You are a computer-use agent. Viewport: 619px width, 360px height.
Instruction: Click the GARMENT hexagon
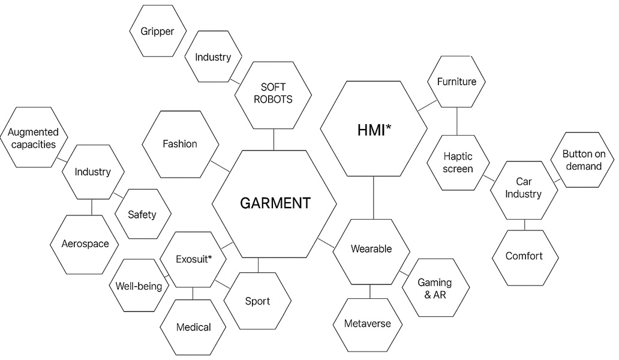(275, 203)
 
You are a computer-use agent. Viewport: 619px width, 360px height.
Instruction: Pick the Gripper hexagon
(158, 31)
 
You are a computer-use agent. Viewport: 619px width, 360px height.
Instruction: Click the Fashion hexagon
(179, 144)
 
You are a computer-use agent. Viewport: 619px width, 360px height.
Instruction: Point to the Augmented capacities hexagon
(33, 137)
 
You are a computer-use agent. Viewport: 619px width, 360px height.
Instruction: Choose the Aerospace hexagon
(85, 244)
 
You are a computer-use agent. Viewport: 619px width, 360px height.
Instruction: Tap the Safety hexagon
(142, 214)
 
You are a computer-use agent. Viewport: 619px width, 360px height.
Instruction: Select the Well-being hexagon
(139, 286)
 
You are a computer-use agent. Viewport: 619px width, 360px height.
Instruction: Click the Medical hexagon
(193, 327)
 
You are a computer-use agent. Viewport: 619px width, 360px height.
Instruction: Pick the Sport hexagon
(257, 301)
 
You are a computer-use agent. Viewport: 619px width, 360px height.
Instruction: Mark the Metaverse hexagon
(367, 323)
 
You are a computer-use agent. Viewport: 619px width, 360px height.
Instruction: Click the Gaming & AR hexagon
(434, 288)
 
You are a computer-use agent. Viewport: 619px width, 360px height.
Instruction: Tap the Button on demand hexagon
(584, 160)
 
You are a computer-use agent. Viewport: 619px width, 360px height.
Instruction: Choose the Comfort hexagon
(524, 256)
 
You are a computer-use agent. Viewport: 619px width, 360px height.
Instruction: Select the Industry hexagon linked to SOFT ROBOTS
(213, 57)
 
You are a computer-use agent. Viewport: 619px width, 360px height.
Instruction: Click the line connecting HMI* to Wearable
(373, 198)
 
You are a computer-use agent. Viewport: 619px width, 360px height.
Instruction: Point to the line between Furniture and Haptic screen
(457, 121)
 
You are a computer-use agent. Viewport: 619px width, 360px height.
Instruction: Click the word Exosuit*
(193, 259)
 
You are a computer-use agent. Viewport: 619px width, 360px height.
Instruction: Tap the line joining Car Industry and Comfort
(524, 224)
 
